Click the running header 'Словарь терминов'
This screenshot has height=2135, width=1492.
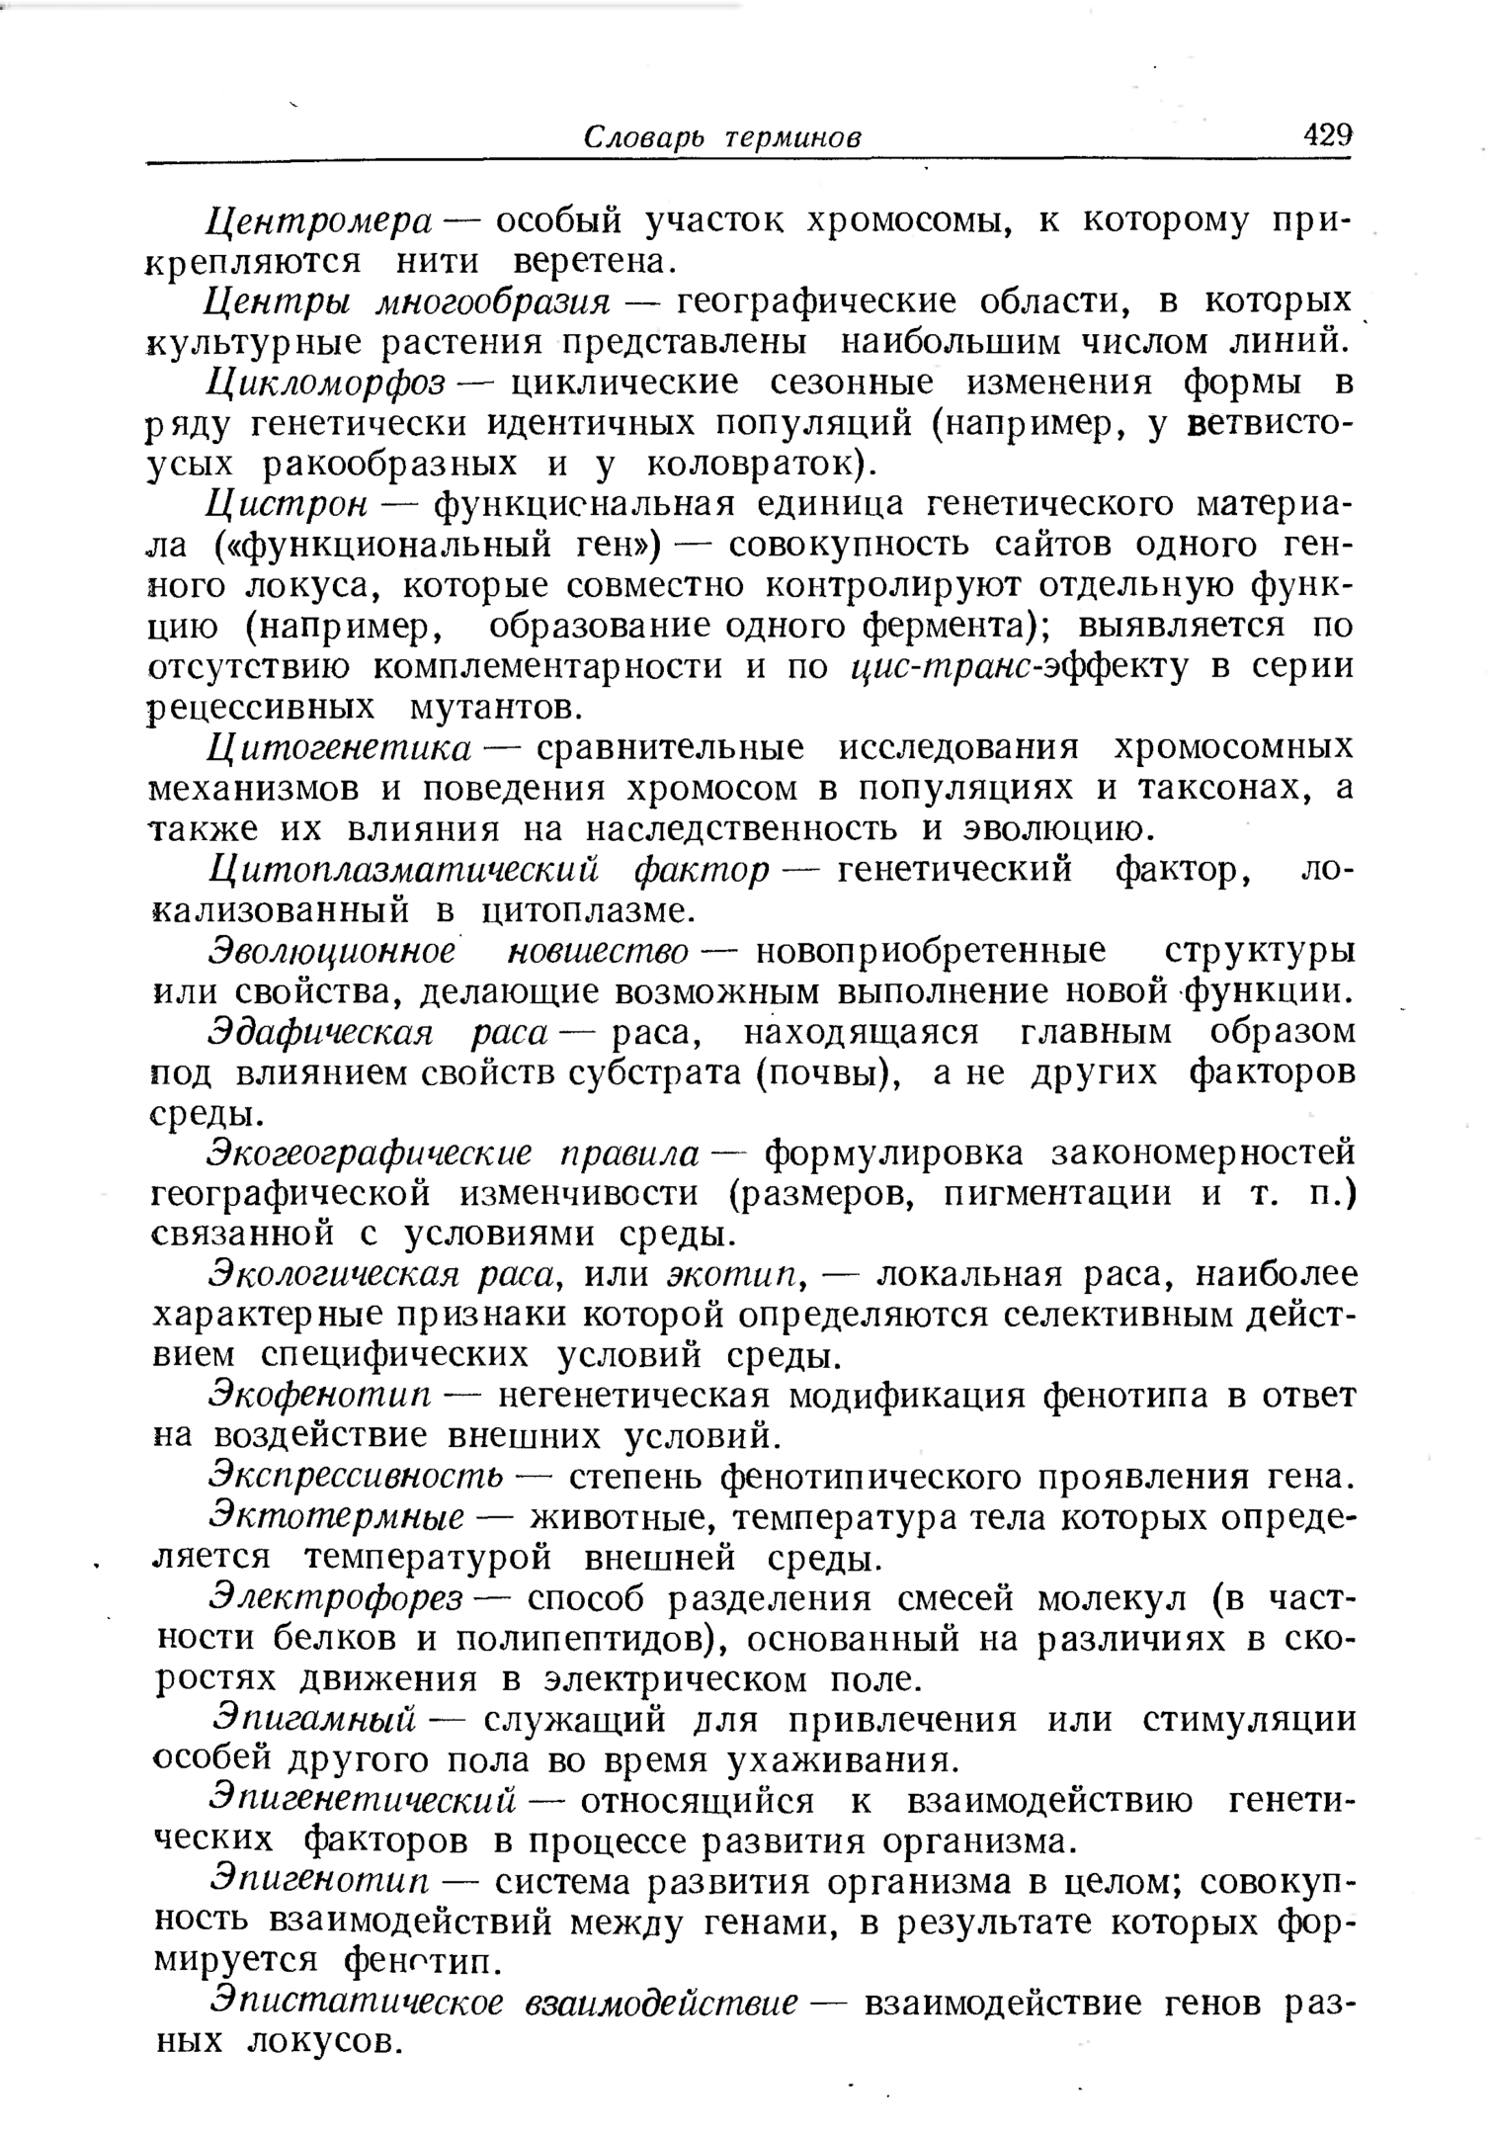(x=722, y=137)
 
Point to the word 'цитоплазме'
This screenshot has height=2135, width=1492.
(x=582, y=909)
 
